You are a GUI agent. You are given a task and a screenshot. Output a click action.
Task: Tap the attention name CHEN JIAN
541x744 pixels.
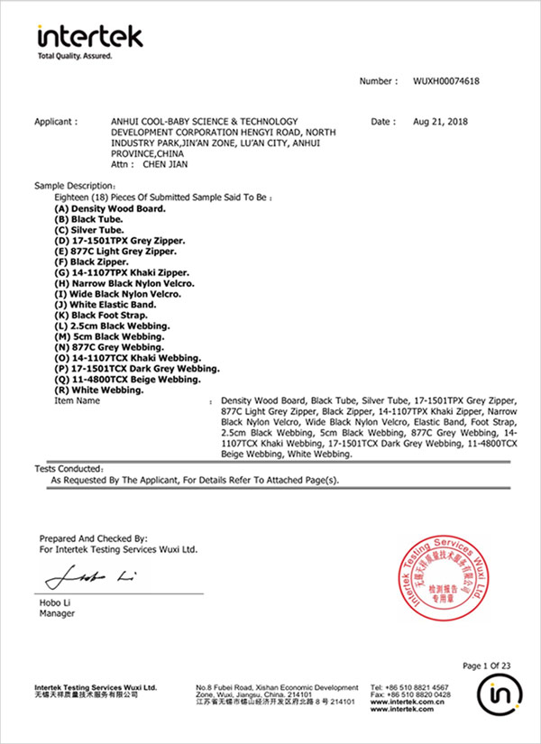click(163, 166)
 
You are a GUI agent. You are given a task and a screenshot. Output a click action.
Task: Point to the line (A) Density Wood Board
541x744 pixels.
click(111, 208)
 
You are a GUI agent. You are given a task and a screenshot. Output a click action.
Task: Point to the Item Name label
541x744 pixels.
click(78, 400)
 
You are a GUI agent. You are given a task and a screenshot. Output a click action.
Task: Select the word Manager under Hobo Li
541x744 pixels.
click(58, 614)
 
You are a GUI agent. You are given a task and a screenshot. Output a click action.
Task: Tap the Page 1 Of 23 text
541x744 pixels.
click(486, 666)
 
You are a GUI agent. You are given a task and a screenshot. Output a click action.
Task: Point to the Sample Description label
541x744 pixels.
click(69, 185)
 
